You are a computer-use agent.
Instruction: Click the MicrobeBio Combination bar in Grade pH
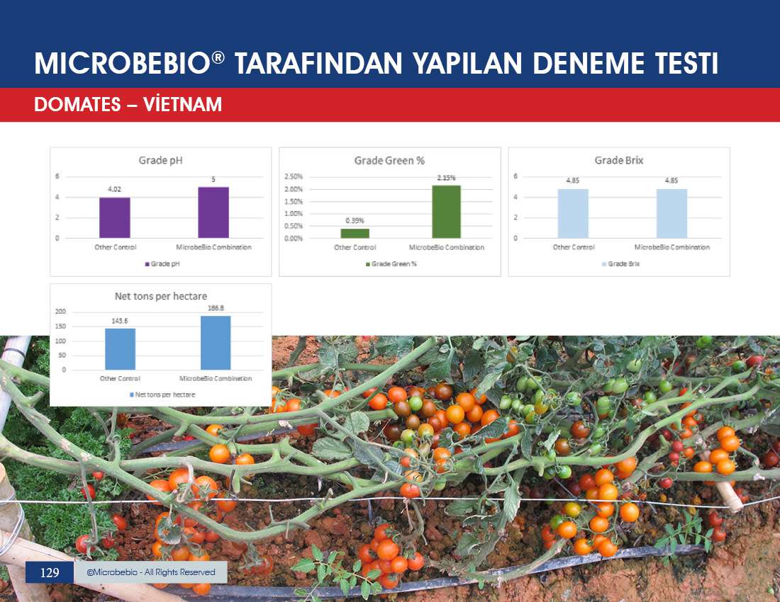pos(213,212)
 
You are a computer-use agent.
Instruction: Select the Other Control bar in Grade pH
pos(114,217)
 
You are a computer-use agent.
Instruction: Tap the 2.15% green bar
pos(446,212)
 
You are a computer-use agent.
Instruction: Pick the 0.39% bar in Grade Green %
pos(355,234)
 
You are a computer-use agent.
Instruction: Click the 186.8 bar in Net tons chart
pos(216,343)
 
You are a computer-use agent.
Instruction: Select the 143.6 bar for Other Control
pos(120,349)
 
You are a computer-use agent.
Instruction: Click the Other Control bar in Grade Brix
pos(573,214)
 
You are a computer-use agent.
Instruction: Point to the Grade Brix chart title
pos(619,161)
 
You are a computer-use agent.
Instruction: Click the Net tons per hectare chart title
pos(161,296)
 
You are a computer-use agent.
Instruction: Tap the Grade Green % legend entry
pos(391,263)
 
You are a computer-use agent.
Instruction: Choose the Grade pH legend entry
pos(162,263)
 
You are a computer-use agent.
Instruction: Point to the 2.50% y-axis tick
pos(294,176)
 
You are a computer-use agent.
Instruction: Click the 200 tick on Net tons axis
pos(60,312)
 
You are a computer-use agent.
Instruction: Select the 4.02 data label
pos(114,189)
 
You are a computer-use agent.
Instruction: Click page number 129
pos(49,573)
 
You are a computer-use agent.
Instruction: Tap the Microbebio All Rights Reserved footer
pos(151,572)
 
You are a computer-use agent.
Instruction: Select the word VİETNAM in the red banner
pos(182,104)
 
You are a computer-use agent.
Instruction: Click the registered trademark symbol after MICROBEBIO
pos(218,57)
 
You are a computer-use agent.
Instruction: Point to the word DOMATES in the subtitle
pos(77,105)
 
